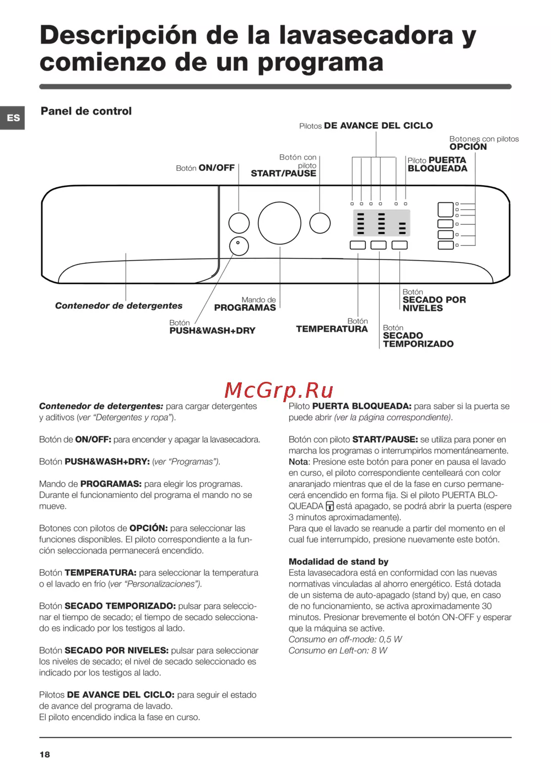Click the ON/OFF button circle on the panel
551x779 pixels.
tap(239, 223)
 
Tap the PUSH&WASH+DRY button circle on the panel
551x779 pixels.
tap(239, 246)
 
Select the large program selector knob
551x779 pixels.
tap(279, 223)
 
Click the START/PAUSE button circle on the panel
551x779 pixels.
tap(320, 223)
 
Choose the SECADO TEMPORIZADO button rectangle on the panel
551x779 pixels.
tap(379, 245)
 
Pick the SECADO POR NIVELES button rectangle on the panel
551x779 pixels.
tap(399, 245)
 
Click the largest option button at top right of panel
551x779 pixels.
tap(445, 209)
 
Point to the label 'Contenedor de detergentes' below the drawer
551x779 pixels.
tap(118, 306)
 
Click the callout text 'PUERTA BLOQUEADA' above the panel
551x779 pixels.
tap(437, 164)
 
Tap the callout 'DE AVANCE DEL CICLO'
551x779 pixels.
tap(378, 126)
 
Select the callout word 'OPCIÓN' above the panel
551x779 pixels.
tap(468, 147)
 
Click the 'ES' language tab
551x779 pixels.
tap(13, 118)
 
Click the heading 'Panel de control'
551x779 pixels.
tap(86, 111)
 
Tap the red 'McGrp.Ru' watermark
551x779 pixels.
tap(279, 391)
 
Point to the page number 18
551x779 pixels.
tap(45, 754)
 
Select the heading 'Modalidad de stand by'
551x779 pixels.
tap(338, 562)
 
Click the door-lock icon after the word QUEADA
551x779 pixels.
tap(330, 506)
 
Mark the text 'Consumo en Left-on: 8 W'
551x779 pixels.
tap(338, 651)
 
